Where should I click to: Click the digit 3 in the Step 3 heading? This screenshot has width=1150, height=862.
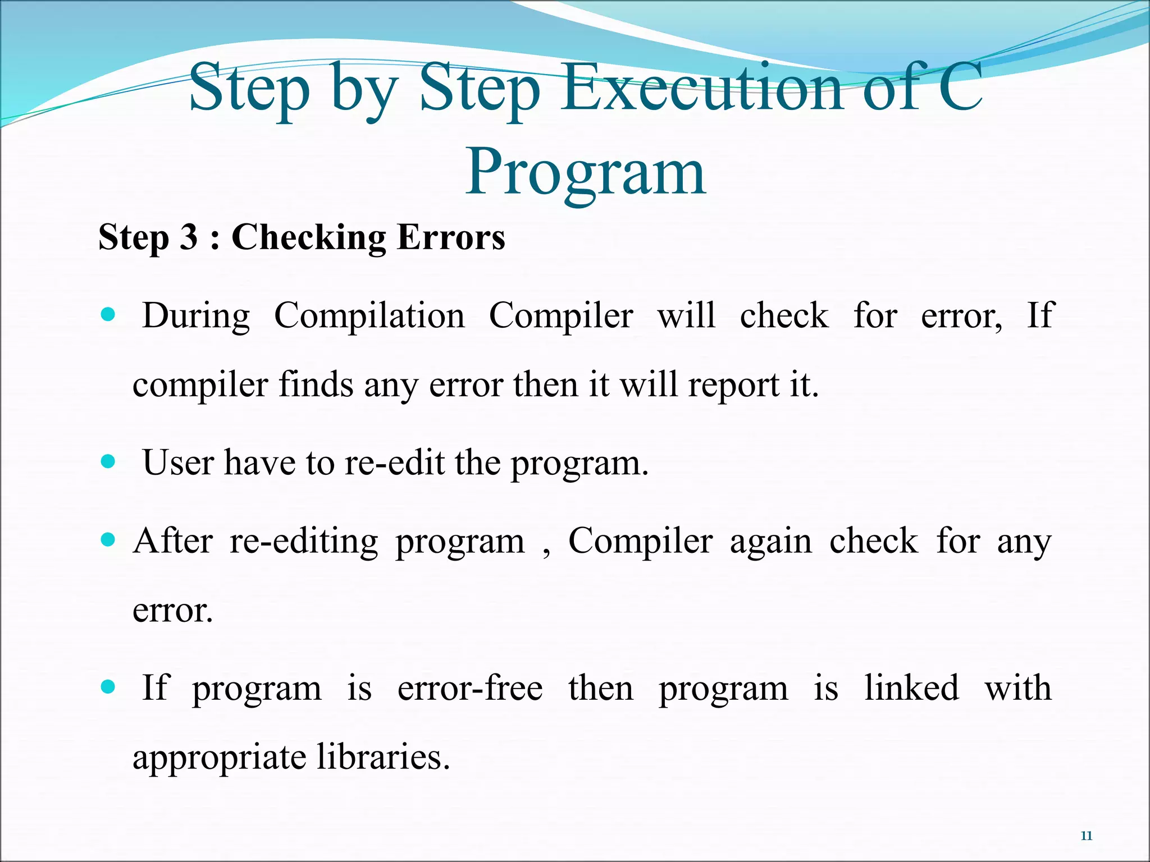189,237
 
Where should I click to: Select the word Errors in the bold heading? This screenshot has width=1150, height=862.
451,237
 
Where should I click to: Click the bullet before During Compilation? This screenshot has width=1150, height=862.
108,314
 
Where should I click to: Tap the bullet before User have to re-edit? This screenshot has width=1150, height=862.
108,462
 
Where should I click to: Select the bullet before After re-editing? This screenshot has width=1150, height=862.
108,540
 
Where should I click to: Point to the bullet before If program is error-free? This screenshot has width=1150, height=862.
108,687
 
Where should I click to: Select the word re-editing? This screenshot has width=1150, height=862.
304,542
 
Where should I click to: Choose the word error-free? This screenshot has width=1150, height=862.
470,688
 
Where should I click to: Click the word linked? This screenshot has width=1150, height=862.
911,688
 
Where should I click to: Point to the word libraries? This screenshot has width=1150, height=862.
383,757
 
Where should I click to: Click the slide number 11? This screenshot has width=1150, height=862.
1086,836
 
